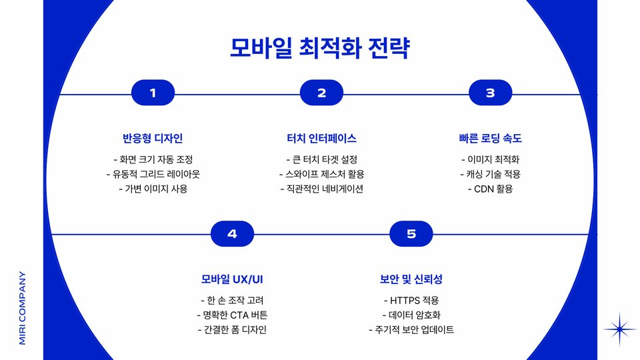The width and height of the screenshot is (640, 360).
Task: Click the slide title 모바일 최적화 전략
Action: [319, 48]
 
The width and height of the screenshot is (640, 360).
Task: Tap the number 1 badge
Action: [153, 93]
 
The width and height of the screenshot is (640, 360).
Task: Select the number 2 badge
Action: [321, 93]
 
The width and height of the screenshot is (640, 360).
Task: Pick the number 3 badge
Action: [490, 93]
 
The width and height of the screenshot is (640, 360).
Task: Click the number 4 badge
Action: [232, 234]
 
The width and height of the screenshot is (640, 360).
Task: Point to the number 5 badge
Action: [411, 234]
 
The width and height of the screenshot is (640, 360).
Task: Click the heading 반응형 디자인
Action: [153, 139]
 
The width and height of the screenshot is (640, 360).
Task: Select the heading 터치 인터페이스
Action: [321, 139]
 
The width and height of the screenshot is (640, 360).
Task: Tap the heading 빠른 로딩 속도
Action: [490, 139]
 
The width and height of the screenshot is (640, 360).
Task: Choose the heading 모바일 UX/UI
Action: [232, 279]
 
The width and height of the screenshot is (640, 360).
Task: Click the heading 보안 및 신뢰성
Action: [411, 279]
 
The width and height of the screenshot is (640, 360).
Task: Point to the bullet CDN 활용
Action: [490, 189]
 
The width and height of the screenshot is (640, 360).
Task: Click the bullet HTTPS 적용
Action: [411, 301]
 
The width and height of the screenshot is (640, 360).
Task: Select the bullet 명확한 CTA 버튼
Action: [232, 315]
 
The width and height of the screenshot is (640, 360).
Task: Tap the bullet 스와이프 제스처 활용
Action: [321, 174]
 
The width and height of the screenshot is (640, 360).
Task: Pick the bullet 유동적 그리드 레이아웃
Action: [153, 174]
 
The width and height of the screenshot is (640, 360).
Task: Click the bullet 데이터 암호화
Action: [411, 315]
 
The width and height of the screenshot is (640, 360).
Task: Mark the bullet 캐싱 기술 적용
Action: [490, 174]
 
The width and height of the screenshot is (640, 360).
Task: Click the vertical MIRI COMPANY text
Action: [22, 307]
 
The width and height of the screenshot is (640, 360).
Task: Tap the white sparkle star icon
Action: [619, 329]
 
